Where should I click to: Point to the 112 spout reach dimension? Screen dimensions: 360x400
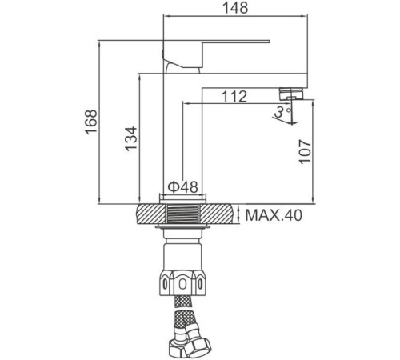click(232, 96)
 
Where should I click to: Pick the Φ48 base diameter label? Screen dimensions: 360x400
click(182, 187)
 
